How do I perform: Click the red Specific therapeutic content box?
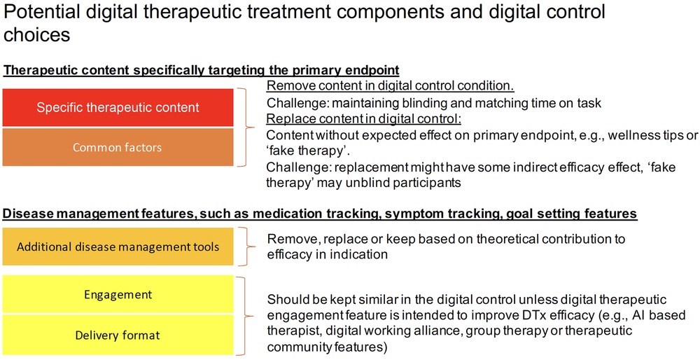pos(118,107)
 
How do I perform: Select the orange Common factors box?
pos(118,147)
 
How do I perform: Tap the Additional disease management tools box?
pos(118,247)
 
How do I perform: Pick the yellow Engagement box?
pos(118,294)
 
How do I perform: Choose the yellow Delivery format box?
pos(118,335)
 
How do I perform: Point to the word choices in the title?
pos(36,35)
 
